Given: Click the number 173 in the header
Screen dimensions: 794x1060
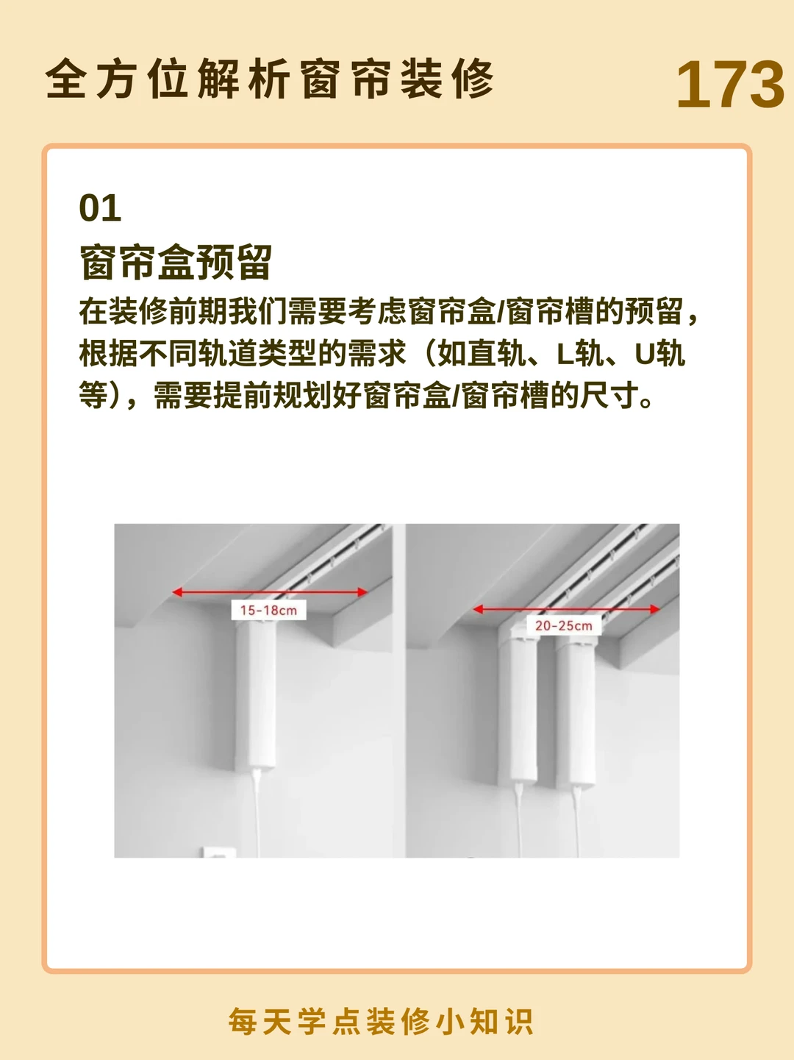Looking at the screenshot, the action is [x=730, y=85].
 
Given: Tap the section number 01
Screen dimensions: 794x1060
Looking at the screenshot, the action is [x=100, y=208].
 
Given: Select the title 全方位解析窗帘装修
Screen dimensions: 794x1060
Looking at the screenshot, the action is [x=270, y=79].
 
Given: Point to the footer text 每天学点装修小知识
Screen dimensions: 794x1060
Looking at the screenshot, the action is [x=381, y=1021].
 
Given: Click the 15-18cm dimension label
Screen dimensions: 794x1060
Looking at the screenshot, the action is [x=268, y=610].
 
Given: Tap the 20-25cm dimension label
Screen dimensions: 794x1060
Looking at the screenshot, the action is [x=564, y=626].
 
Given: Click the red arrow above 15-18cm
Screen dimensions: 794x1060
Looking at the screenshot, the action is [x=270, y=592].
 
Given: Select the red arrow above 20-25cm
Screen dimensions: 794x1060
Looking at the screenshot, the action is [x=566, y=609].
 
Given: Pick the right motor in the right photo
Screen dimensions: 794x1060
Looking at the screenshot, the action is [x=576, y=710].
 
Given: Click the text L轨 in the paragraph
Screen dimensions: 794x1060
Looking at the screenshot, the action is [x=573, y=354].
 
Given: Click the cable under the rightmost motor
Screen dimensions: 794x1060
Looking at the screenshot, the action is [x=576, y=820].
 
